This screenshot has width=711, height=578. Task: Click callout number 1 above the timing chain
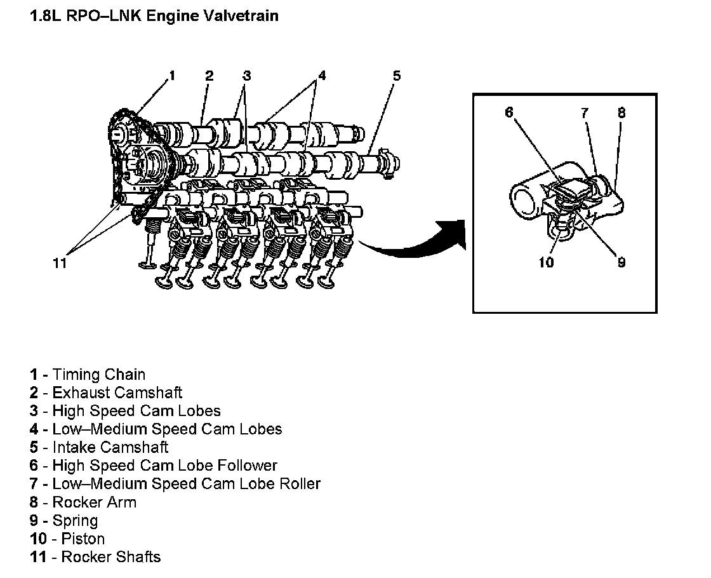[x=171, y=76]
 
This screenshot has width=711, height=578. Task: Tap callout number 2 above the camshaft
[x=209, y=76]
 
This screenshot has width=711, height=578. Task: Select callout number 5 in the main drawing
[x=397, y=76]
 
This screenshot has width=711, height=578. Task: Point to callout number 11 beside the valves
[x=60, y=263]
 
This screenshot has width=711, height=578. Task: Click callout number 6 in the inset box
[x=509, y=112]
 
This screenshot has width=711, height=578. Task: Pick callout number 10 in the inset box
[x=547, y=262]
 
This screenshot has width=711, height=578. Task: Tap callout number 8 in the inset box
[x=621, y=112]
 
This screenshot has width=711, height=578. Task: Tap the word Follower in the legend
[x=248, y=466]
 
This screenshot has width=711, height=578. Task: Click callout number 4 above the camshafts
[x=322, y=76]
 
